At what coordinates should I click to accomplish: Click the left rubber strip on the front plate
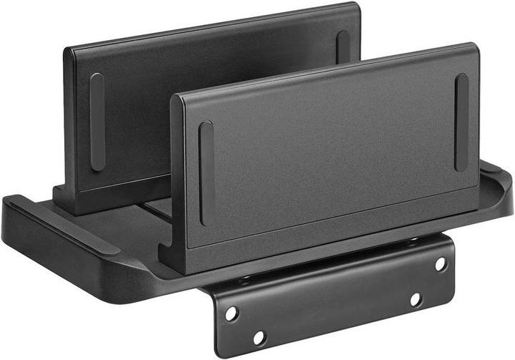(x=206, y=172)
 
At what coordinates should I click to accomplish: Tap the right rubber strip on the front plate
(x=461, y=122)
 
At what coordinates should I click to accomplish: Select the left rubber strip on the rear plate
(x=97, y=122)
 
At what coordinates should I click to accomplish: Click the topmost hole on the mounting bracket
(x=441, y=264)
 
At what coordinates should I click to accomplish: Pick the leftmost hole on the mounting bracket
(x=231, y=313)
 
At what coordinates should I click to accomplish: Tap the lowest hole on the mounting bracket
(x=259, y=337)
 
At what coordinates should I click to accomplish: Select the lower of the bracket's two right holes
(x=416, y=300)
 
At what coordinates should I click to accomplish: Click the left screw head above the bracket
(x=245, y=280)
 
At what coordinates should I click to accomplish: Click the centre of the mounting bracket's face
(x=336, y=301)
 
